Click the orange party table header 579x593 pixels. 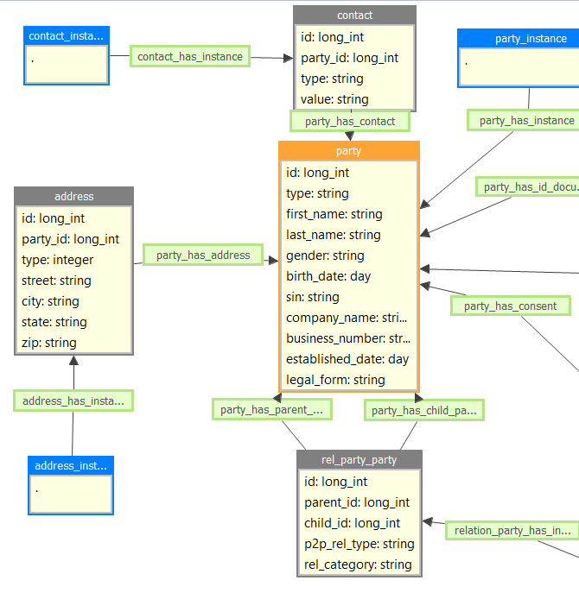[348, 151]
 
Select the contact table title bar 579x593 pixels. [354, 15]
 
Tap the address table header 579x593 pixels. [73, 196]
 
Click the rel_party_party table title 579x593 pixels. [359, 459]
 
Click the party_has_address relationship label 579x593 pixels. [203, 255]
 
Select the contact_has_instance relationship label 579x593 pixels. [191, 56]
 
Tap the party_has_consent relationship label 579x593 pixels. [510, 306]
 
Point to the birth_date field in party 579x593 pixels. [328, 276]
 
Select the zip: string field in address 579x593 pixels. [49, 343]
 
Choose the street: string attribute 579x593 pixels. [56, 281]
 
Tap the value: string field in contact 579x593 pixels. [334, 99]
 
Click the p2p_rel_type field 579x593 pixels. [359, 544]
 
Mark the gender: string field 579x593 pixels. [325, 255]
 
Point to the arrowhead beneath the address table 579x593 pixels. [73, 360]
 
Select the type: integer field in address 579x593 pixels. [57, 260]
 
